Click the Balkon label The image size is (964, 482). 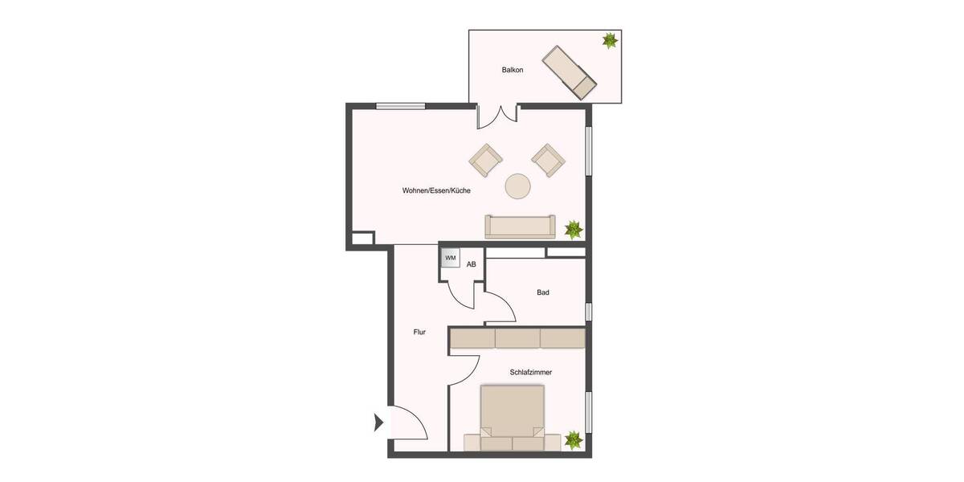tap(513, 70)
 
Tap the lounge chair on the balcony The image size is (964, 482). tap(569, 72)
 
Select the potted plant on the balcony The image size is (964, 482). tap(610, 39)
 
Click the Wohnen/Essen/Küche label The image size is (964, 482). tap(436, 191)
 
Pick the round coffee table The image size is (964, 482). tap(517, 186)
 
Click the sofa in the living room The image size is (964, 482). tap(520, 226)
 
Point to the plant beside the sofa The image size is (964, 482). tap(573, 229)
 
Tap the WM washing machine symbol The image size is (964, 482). tap(451, 258)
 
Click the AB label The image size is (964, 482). tap(472, 263)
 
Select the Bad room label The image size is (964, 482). tap(543, 292)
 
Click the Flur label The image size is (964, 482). tap(419, 331)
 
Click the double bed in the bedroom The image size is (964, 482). tap(512, 418)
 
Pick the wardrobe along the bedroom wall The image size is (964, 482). tap(517, 338)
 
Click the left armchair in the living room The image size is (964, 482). tap(485, 160)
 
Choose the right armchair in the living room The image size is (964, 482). tap(548, 160)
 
